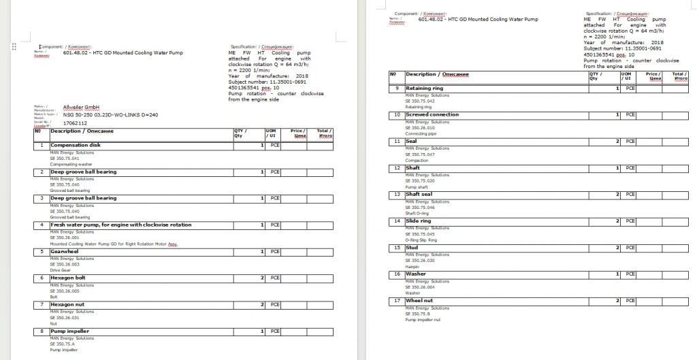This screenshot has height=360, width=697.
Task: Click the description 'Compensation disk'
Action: pyautogui.click(x=76, y=145)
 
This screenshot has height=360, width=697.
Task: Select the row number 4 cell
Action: pyautogui.click(x=42, y=225)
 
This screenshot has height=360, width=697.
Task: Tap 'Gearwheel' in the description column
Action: pyautogui.click(x=65, y=251)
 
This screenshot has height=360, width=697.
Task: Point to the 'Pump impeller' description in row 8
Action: pyautogui.click(x=70, y=331)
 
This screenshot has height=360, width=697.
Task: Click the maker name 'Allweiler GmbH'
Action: pyautogui.click(x=82, y=107)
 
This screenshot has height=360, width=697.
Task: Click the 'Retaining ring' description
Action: pyautogui.click(x=424, y=88)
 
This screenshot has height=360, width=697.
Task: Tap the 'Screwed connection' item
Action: pyautogui.click(x=432, y=115)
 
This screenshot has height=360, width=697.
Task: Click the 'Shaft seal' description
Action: pyautogui.click(x=419, y=195)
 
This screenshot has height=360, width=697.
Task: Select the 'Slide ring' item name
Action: pyautogui.click(x=418, y=221)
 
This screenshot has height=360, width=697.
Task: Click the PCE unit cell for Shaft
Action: pyautogui.click(x=630, y=168)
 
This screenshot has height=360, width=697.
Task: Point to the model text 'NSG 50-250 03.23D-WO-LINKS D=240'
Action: pyautogui.click(x=110, y=115)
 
